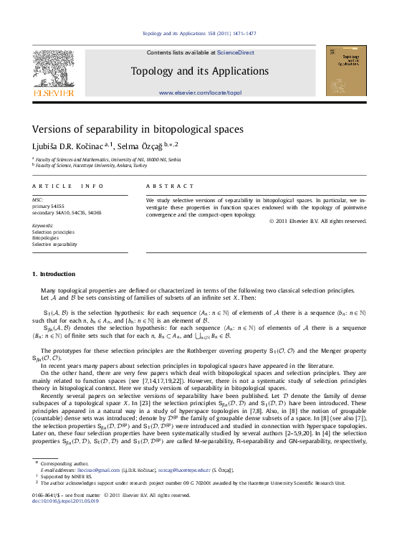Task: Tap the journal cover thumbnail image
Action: (345, 70)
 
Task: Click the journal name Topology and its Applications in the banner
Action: (200, 71)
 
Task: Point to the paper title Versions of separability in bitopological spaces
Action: (138, 130)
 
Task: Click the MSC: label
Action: (38, 199)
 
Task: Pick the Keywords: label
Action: (43, 225)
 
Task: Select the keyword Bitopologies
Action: (46, 237)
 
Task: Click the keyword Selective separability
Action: (54, 244)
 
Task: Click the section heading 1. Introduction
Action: (54, 274)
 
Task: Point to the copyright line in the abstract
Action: (317, 221)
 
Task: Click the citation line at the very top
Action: (200, 34)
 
